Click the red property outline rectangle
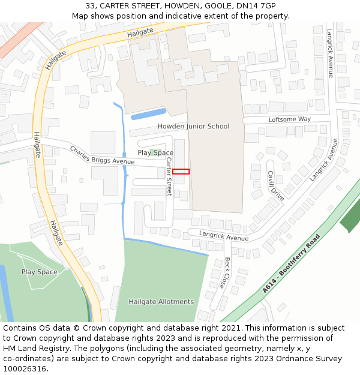click(181, 172)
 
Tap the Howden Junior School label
click(193, 126)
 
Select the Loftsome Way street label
click(290, 119)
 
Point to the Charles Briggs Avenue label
click(102, 155)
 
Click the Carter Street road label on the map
click(169, 178)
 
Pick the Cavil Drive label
click(276, 185)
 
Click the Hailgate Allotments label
click(161, 301)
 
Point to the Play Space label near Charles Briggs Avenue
click(155, 152)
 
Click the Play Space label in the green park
click(40, 272)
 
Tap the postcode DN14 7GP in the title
click(256, 6)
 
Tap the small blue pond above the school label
click(148, 113)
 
